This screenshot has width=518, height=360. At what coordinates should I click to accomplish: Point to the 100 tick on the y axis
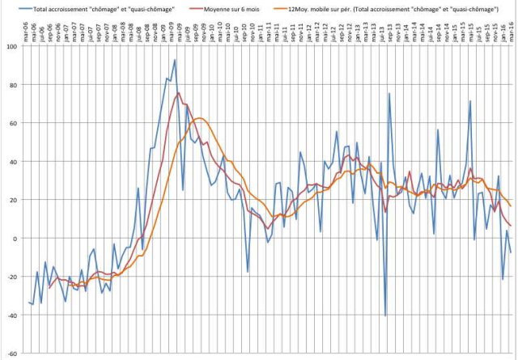pyautogui.click(x=12, y=46)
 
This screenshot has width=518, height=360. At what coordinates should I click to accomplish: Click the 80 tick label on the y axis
pyautogui.click(x=14, y=84)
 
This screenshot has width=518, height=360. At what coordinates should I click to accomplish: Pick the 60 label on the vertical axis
pyautogui.click(x=14, y=123)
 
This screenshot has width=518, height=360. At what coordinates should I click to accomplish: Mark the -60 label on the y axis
pyautogui.click(x=12, y=354)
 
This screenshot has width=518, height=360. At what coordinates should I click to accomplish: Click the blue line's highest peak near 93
pyautogui.click(x=175, y=60)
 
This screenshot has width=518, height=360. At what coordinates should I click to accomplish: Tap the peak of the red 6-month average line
pyautogui.click(x=179, y=93)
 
